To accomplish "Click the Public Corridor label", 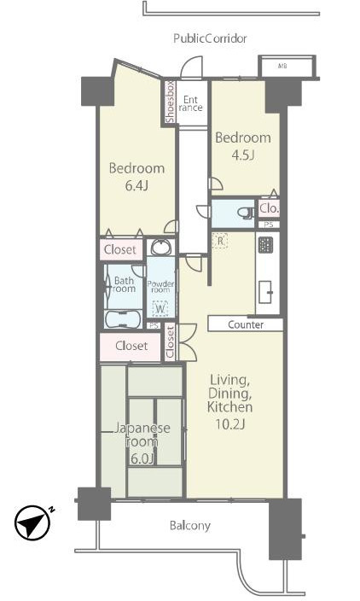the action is click(210, 38).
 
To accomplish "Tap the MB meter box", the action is click(287, 67).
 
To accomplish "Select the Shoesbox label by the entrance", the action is click(170, 102).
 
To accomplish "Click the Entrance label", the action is click(190, 103).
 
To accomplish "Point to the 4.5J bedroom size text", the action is click(243, 155).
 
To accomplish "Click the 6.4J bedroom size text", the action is click(136, 185).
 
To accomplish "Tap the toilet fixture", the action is click(245, 213).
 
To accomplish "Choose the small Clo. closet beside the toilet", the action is click(269, 208).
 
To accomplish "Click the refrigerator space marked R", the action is click(220, 241).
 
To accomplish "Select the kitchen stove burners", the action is click(265, 245).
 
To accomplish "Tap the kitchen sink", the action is click(265, 292).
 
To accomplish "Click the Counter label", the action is click(246, 325).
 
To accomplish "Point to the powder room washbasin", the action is click(161, 247).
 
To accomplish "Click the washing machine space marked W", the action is click(160, 308).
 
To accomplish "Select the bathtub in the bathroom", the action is click(124, 319).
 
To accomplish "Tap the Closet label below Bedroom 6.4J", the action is click(120, 250).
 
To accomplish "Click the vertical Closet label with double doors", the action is click(170, 341).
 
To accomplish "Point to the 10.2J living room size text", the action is click(229, 424).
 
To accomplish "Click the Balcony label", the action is click(190, 526).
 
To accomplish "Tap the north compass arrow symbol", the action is click(33, 523).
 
